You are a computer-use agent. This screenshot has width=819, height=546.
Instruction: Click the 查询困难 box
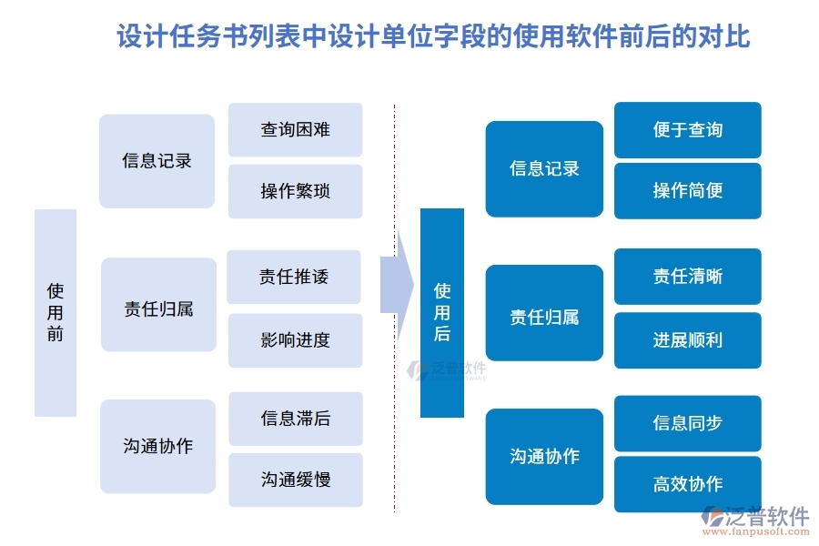(x=295, y=130)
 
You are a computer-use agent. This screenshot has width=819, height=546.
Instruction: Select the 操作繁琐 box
(x=295, y=191)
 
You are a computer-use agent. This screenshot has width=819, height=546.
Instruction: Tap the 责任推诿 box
(x=294, y=277)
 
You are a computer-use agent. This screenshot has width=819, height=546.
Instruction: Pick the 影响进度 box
(x=295, y=340)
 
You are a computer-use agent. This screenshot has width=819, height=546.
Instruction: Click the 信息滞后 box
(x=295, y=419)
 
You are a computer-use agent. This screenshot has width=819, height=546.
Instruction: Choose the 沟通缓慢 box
(x=295, y=480)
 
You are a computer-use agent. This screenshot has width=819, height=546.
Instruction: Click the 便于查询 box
(x=687, y=130)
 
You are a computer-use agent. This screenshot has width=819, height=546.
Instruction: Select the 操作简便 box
(x=687, y=191)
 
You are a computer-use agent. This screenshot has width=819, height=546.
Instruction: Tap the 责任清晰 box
(x=687, y=277)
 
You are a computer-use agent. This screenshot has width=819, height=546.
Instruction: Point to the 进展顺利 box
(x=687, y=340)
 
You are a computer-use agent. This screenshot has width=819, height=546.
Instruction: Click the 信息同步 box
(x=687, y=423)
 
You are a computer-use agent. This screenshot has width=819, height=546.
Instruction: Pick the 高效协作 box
(x=687, y=484)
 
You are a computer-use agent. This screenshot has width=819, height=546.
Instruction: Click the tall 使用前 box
(x=56, y=312)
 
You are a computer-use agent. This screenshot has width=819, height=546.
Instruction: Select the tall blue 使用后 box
(x=442, y=312)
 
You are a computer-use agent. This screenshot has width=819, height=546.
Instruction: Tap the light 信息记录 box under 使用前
(x=157, y=161)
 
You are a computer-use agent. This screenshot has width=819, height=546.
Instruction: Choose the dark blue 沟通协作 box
(x=544, y=456)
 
